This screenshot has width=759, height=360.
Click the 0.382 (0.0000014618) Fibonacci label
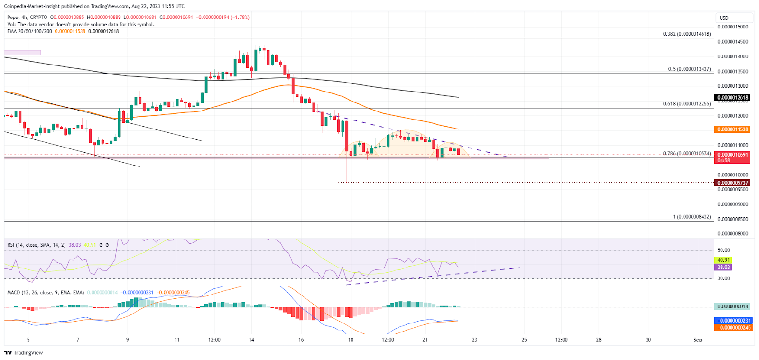[x=686, y=34]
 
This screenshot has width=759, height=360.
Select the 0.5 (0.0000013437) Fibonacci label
[x=689, y=69]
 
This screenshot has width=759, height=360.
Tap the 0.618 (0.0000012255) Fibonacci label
[x=686, y=104]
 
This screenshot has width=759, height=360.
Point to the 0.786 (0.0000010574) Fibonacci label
[x=686, y=154]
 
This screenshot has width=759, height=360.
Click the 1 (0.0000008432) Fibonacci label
[x=692, y=217]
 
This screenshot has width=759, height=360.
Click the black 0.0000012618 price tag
[x=732, y=98]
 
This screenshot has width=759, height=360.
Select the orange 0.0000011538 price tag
[x=732, y=129]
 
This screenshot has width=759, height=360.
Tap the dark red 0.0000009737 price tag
[x=732, y=183]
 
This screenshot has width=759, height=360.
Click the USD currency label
[x=724, y=18]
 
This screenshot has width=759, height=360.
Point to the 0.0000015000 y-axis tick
[x=732, y=27]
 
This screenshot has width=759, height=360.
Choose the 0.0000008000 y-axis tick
[x=732, y=234]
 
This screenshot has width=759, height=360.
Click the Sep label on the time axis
[x=697, y=340]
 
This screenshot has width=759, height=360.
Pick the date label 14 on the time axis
[x=251, y=340]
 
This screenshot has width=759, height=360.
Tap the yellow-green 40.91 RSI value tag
[x=723, y=260]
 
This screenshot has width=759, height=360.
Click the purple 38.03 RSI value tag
[x=723, y=267]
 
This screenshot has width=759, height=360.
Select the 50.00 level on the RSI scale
[x=723, y=250]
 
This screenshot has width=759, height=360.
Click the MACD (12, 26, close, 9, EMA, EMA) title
[x=46, y=293]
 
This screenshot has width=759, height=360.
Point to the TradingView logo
[x=24, y=352]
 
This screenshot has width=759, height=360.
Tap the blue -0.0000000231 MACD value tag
[x=733, y=321]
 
